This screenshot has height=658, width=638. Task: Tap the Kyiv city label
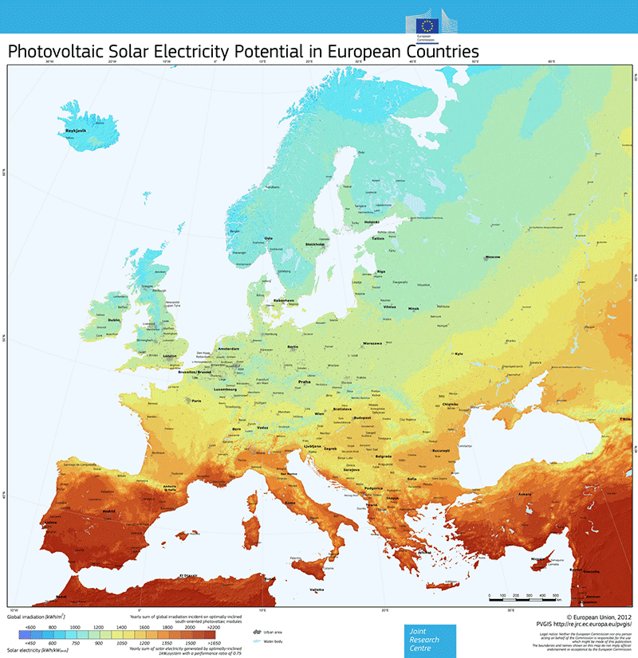(458, 354)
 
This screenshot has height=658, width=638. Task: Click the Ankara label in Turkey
(524, 495)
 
